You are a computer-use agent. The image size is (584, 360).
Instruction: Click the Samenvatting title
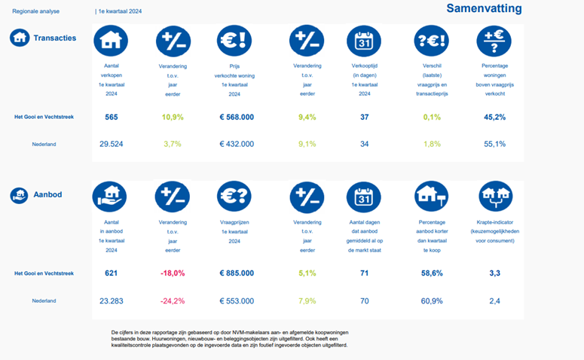[x=483, y=8]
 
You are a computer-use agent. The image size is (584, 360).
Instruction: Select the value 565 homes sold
[x=112, y=117]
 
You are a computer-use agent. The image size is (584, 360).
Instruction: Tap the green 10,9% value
[x=173, y=117]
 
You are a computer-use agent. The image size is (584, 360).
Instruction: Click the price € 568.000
[x=236, y=117]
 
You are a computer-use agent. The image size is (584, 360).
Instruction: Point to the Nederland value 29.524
[x=112, y=144]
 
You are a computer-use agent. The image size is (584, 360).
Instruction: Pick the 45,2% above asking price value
[x=494, y=117]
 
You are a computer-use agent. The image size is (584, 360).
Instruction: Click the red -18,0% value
[x=173, y=273]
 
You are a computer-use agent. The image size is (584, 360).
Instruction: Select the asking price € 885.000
[x=236, y=273]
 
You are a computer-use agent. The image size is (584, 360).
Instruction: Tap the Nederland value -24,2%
[x=173, y=301]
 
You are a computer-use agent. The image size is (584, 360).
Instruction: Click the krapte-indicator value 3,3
[x=494, y=273]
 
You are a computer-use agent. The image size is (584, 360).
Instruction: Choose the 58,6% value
[x=431, y=273]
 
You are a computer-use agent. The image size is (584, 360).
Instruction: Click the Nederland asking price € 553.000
[x=236, y=301]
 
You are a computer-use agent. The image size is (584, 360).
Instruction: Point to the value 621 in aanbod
[x=112, y=273]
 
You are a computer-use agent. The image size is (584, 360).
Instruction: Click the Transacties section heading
[x=54, y=38]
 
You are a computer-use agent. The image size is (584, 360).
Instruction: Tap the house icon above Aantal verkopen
[x=111, y=41]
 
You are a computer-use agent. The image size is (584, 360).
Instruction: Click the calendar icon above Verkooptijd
[x=364, y=41]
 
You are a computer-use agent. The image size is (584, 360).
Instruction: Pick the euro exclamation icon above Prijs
[x=234, y=41]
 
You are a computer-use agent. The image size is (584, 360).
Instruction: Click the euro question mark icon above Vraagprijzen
[x=234, y=197]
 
